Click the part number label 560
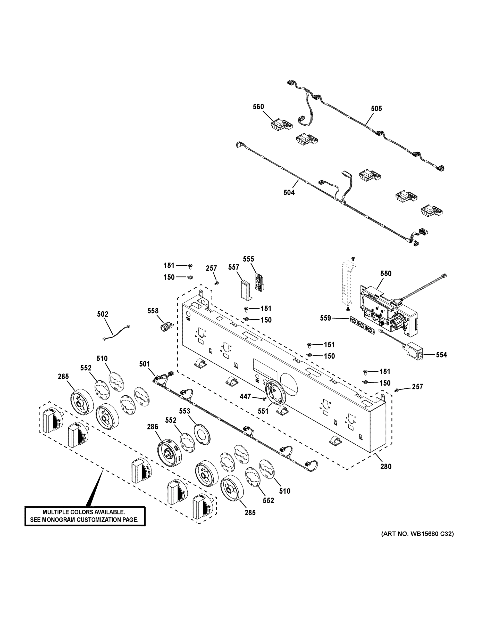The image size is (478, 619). [258, 107]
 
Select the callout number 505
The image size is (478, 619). [376, 109]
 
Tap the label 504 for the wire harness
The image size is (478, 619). [289, 193]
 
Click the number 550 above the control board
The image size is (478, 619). [386, 273]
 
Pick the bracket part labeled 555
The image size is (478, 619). [258, 282]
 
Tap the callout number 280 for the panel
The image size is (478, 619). [386, 466]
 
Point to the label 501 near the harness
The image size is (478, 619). [144, 364]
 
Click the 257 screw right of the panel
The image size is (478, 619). [397, 390]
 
